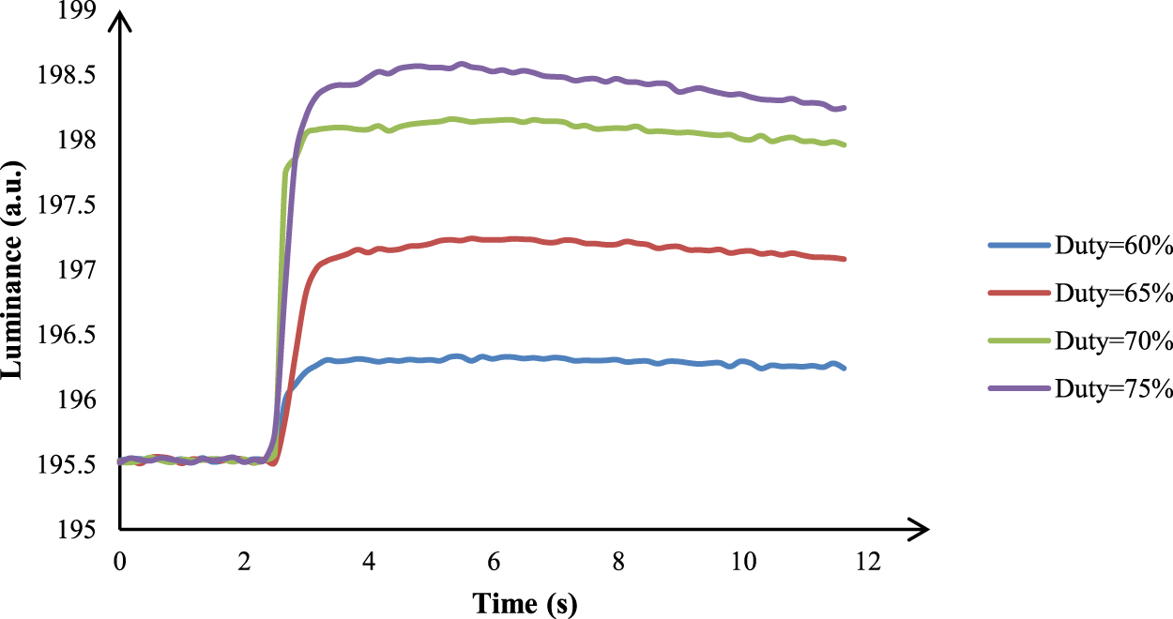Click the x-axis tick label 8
pos(618,561)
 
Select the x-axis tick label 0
pos(120,561)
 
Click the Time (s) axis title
pos(525,603)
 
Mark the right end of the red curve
pos(845,259)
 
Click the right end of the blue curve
pos(845,368)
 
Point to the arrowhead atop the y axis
pos(120,21)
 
